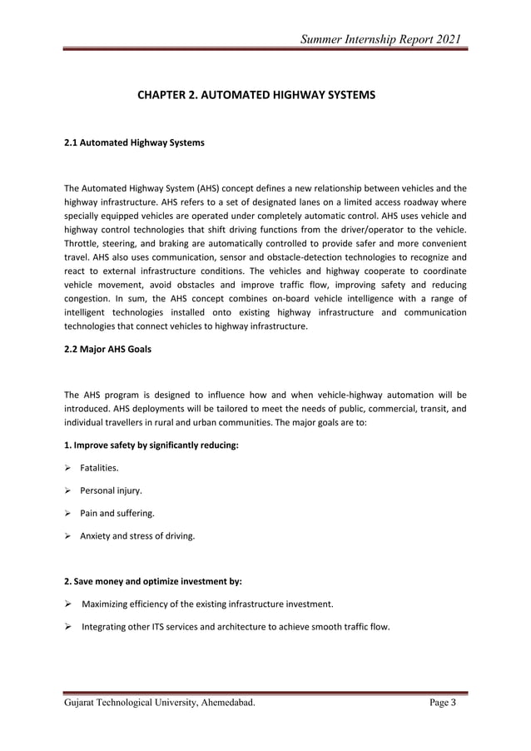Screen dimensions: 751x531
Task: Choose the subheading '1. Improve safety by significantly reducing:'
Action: [x=151, y=445]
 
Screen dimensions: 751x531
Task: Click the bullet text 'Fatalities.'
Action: [x=99, y=470]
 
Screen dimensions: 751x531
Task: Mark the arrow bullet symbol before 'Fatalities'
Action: [x=68, y=470]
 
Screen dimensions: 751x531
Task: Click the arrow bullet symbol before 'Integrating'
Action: [x=68, y=626]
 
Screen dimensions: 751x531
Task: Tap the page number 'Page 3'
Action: [x=443, y=704]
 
